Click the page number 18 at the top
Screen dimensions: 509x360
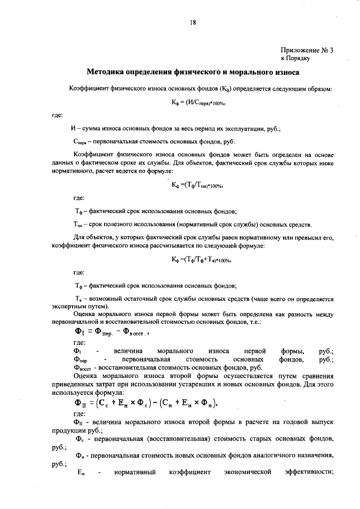[192, 22]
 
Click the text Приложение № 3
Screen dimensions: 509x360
[307, 49]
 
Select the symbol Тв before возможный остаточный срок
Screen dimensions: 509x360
[79, 299]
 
